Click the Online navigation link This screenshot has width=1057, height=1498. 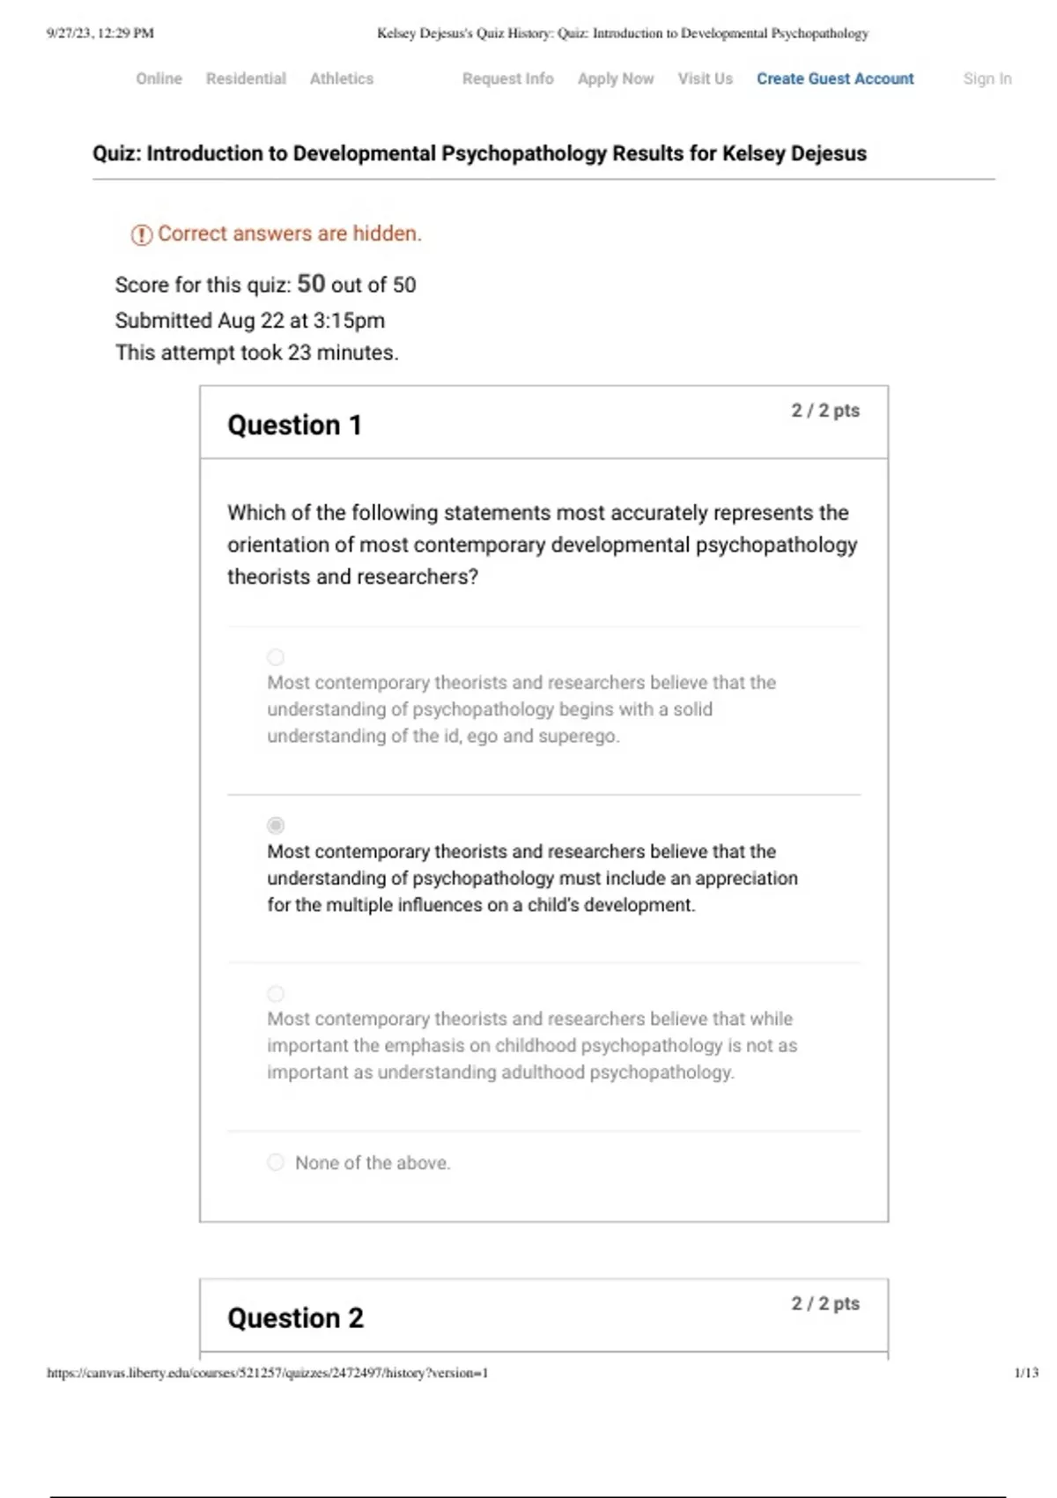(x=159, y=78)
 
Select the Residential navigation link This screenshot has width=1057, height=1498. (x=246, y=78)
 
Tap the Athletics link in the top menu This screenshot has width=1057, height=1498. (x=342, y=78)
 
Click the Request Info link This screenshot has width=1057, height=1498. (x=508, y=78)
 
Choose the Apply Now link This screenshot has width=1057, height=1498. (x=616, y=78)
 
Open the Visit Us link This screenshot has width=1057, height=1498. (x=705, y=78)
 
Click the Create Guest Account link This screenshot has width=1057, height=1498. (x=835, y=78)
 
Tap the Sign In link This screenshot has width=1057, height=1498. (x=987, y=78)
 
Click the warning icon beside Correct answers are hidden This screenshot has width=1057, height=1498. (x=141, y=235)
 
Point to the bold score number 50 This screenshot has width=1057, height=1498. (x=311, y=284)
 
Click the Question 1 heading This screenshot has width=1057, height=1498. (x=294, y=425)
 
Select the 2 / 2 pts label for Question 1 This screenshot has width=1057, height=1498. (x=825, y=411)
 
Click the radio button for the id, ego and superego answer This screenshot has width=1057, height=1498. (x=276, y=657)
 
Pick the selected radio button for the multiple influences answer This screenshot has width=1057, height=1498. (x=276, y=826)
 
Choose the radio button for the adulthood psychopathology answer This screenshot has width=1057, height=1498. (x=276, y=994)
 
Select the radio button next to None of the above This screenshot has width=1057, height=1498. (x=276, y=1162)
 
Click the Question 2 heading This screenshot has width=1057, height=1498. (x=295, y=1318)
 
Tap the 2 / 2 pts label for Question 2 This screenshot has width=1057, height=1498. (x=825, y=1303)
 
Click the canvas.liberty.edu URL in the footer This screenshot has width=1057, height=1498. (x=267, y=1373)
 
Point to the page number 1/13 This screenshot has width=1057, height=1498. (x=1026, y=1373)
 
